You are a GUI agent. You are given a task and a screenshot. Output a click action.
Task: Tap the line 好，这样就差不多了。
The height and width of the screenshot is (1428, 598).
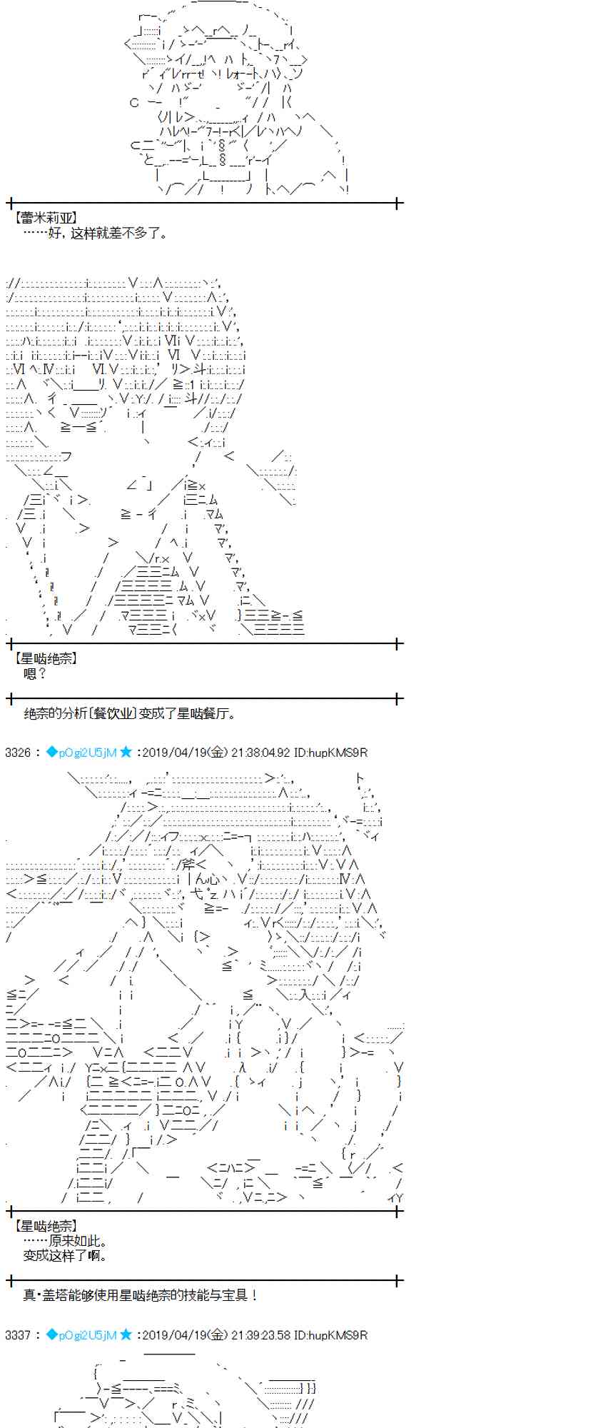[x=97, y=233]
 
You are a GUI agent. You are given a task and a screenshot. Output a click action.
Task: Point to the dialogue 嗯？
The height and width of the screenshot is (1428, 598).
[x=34, y=673]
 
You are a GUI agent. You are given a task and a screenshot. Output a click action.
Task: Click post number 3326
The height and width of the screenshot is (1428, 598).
[x=18, y=752]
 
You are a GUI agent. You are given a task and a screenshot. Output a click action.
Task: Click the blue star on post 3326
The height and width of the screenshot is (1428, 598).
[x=126, y=752]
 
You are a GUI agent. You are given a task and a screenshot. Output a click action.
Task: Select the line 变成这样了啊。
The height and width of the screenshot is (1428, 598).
[x=66, y=1255]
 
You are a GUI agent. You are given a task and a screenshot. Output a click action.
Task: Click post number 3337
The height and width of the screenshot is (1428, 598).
[x=18, y=1334]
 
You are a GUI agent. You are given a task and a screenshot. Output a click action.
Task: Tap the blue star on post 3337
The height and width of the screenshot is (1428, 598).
[x=126, y=1334]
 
